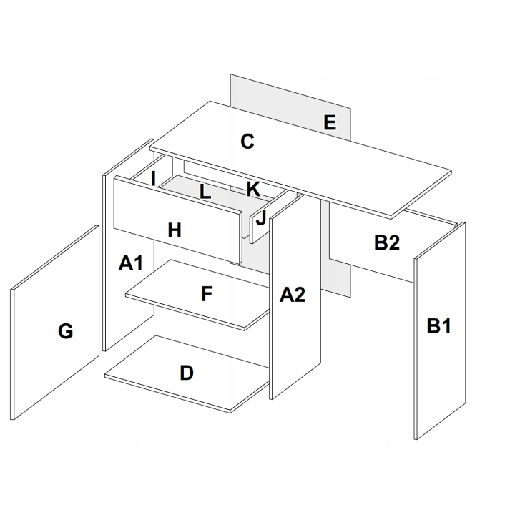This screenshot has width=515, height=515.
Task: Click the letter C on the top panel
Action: click(x=247, y=141)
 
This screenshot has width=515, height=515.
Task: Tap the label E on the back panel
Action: click(x=330, y=122)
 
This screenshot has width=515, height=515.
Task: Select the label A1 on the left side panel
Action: click(x=131, y=263)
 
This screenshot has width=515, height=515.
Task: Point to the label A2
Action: click(x=293, y=294)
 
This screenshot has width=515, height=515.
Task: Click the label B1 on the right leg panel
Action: click(x=438, y=326)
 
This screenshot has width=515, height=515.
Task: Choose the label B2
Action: click(x=386, y=242)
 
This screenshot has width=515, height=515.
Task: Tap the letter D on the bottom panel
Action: click(x=187, y=373)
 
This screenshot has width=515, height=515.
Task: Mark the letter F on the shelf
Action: click(x=207, y=294)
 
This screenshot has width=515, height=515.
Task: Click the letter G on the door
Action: click(x=65, y=330)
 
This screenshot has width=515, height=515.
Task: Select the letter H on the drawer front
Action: click(x=175, y=230)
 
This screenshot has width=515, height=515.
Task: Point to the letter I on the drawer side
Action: click(x=153, y=179)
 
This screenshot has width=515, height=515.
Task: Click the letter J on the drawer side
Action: click(x=261, y=217)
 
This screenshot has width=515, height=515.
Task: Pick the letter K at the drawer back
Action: click(x=253, y=189)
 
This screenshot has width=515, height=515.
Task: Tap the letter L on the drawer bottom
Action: click(x=205, y=192)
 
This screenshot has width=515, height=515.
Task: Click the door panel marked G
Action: click(x=55, y=323)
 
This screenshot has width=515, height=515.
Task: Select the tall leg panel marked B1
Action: click(x=440, y=330)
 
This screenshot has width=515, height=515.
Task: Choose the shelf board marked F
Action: click(x=197, y=295)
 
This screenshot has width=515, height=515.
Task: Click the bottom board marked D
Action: click(x=187, y=374)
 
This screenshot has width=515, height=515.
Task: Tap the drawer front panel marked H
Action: click(x=177, y=220)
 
